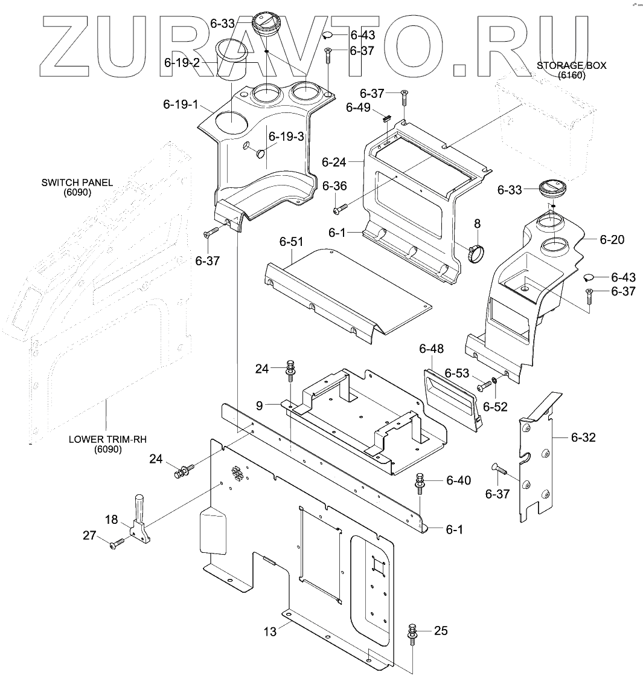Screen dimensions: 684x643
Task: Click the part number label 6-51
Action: pyautogui.click(x=291, y=242)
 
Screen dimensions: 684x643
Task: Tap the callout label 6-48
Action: pyautogui.click(x=431, y=349)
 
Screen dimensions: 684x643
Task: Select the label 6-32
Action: pyautogui.click(x=583, y=437)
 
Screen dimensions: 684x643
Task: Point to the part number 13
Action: pyautogui.click(x=270, y=631)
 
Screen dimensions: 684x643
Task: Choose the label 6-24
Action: pyautogui.click(x=333, y=161)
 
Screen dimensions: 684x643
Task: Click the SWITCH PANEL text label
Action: pyautogui.click(x=77, y=187)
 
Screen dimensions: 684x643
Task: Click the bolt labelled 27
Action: pyautogui.click(x=117, y=544)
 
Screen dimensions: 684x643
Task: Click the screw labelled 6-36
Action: pyautogui.click(x=340, y=209)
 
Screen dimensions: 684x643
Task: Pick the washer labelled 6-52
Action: pyautogui.click(x=494, y=381)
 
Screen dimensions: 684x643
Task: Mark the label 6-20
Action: pyautogui.click(x=612, y=240)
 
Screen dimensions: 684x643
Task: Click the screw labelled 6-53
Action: pyautogui.click(x=484, y=384)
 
